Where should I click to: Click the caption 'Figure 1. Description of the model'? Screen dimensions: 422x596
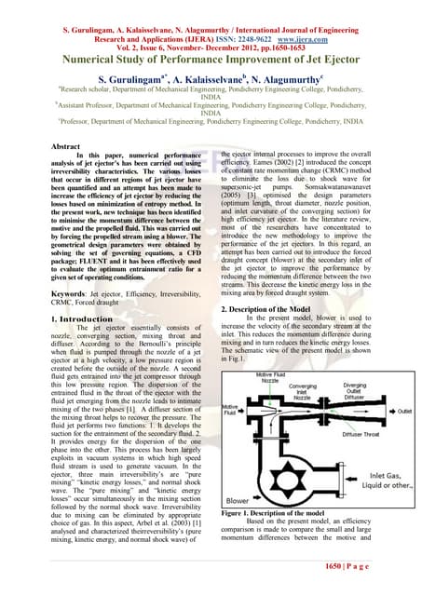pyautogui.click(x=271, y=511)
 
